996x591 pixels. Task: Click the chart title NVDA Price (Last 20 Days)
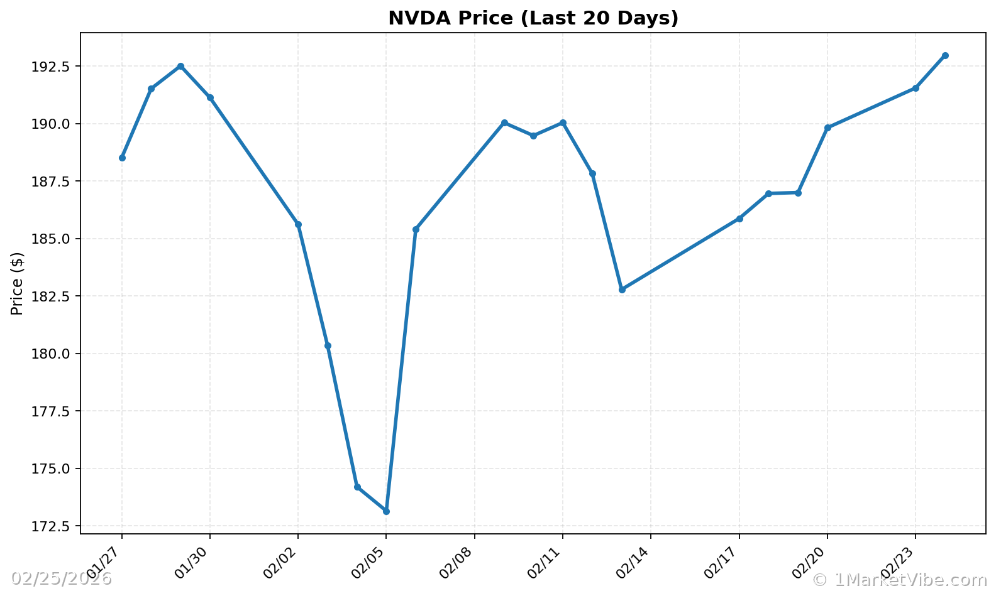tap(533, 18)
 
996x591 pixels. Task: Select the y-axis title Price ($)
tap(17, 283)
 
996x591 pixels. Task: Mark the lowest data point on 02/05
tap(386, 511)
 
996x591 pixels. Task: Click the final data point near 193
tap(945, 56)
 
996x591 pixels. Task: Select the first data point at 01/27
tap(122, 158)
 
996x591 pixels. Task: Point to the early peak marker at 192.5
tap(180, 66)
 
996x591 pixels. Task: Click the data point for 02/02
tap(298, 224)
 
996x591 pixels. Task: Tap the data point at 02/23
tap(916, 88)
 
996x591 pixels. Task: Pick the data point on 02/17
tap(739, 219)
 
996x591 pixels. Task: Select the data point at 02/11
tap(563, 122)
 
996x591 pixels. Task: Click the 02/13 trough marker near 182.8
tap(622, 290)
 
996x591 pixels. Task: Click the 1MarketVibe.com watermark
tap(899, 579)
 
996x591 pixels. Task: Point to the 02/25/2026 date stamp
tap(61, 578)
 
